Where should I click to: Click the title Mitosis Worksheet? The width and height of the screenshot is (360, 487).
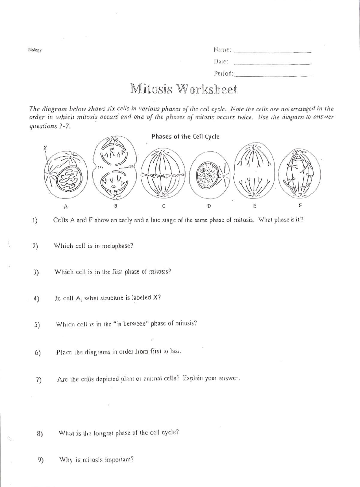(x=184, y=89)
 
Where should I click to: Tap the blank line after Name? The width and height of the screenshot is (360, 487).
(x=272, y=52)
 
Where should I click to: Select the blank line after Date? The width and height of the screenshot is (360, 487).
(x=272, y=64)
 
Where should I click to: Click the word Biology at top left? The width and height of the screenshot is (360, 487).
(x=34, y=50)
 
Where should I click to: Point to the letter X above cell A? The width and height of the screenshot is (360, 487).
(x=45, y=148)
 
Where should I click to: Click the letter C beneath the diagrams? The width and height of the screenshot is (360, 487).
(x=163, y=206)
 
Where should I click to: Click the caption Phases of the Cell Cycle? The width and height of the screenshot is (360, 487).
(x=185, y=137)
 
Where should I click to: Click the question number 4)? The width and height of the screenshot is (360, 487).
(x=37, y=298)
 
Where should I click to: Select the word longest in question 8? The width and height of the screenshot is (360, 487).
(x=104, y=433)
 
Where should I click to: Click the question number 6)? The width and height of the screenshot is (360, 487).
(x=37, y=353)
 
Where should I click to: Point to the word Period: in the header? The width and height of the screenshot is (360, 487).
(x=223, y=73)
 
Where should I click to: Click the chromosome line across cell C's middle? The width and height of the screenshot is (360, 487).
(x=163, y=175)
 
